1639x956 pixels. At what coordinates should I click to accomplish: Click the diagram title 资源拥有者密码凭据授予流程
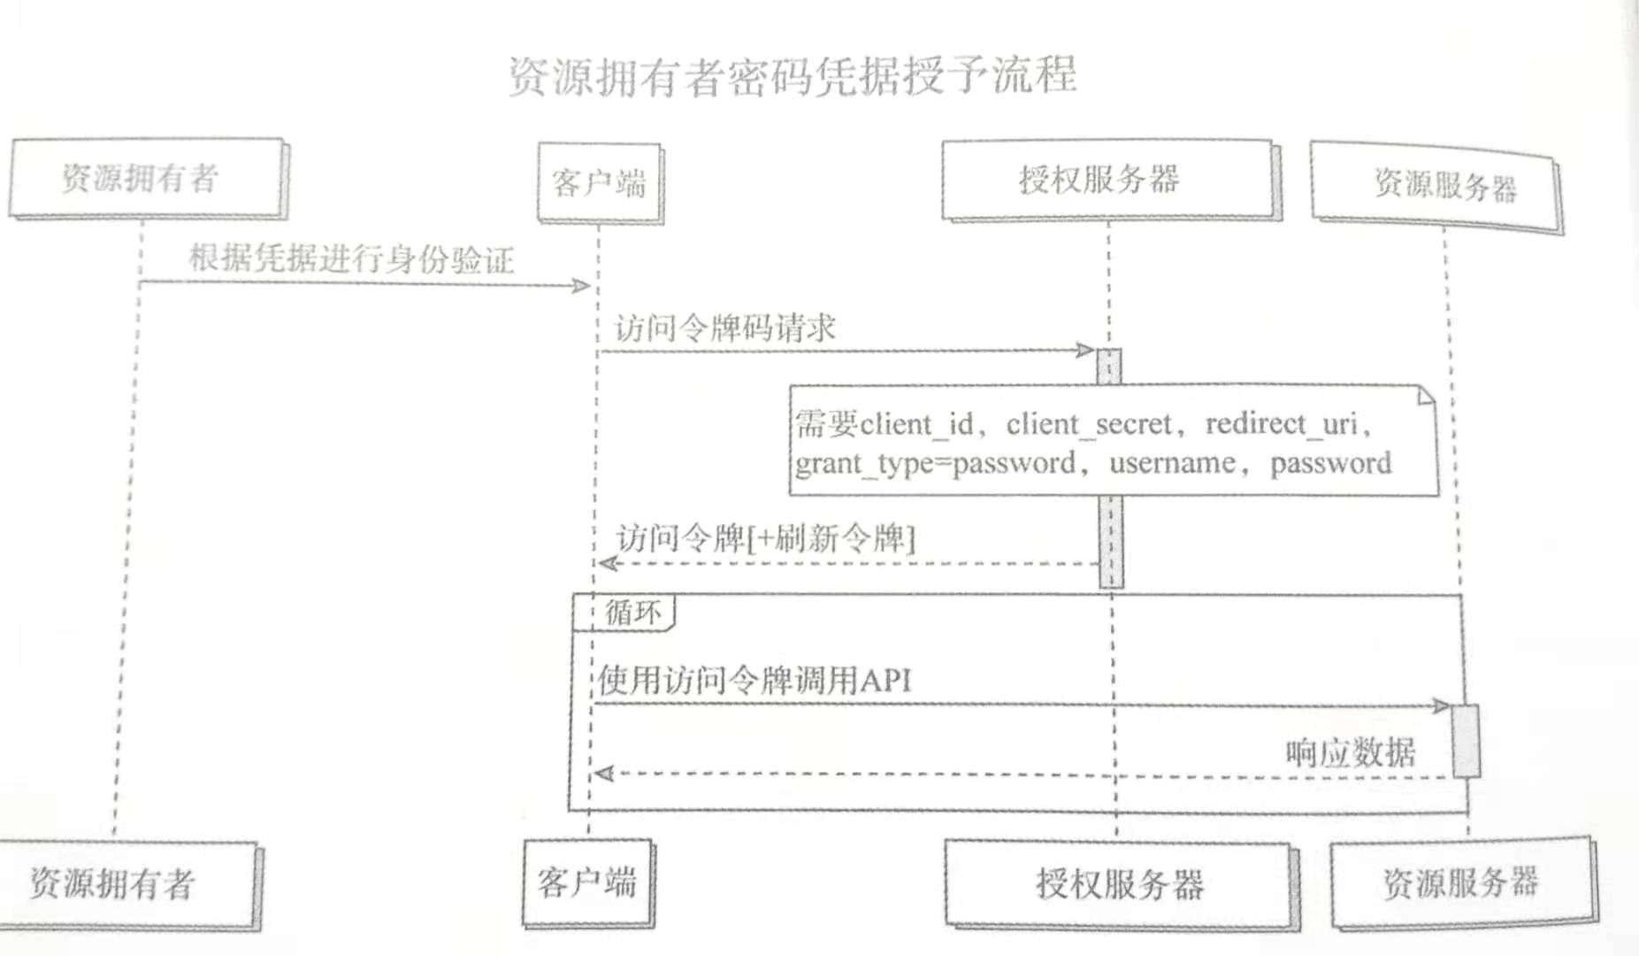pos(792,76)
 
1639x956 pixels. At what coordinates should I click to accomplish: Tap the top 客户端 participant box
pos(599,183)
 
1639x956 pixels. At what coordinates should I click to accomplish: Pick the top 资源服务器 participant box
pos(1437,186)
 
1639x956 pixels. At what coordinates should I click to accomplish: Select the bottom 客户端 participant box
pos(587,882)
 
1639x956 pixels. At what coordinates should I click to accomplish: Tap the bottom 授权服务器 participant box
pos(1119,883)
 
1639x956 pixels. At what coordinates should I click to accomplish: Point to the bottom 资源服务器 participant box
pos(1461,883)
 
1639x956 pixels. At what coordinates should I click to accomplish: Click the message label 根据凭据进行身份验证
pos(351,258)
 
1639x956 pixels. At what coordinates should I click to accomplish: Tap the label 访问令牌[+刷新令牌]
pos(766,537)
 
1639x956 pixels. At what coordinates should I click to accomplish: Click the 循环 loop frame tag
pos(632,612)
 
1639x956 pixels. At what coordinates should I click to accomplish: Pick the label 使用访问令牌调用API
pos(754,680)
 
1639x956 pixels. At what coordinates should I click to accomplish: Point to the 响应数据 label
pos(1350,752)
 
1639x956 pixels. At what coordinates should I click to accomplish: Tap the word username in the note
pos(1171,463)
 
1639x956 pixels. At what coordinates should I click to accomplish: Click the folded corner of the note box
pos(1424,395)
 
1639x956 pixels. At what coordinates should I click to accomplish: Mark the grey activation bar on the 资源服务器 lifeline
pos(1466,741)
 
